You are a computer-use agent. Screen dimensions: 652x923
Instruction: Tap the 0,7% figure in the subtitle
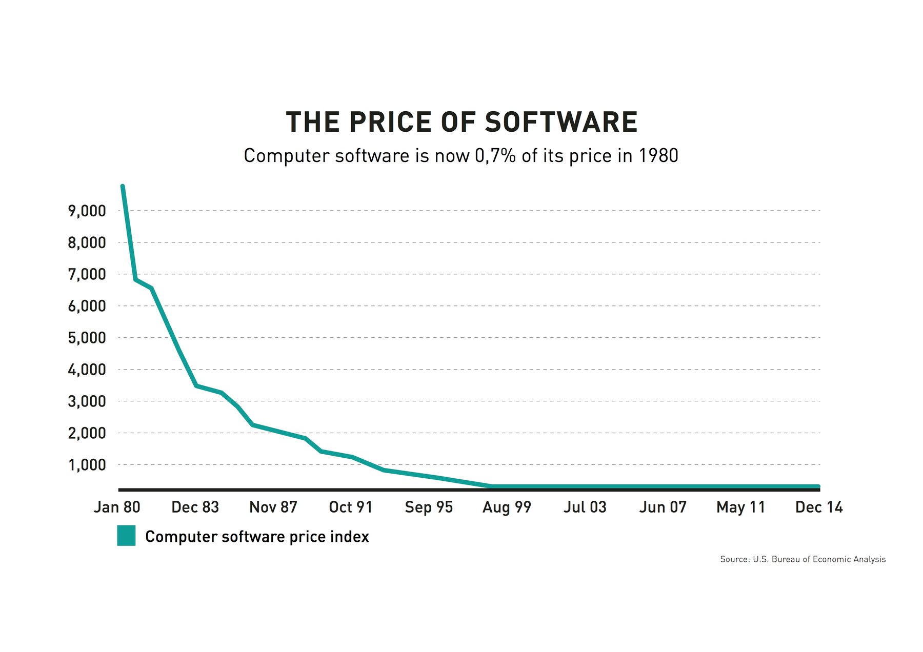tap(495, 156)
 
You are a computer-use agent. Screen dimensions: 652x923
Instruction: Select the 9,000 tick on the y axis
tap(87, 211)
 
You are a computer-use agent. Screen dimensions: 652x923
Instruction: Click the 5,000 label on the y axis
tap(87, 338)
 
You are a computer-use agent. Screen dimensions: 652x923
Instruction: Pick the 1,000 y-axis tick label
tap(87, 465)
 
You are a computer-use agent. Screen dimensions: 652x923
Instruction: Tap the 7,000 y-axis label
tap(87, 274)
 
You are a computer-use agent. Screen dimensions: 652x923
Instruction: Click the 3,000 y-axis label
tap(87, 401)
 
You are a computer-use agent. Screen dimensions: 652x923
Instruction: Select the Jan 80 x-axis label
tap(117, 507)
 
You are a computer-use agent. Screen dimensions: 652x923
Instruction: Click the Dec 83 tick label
tap(195, 507)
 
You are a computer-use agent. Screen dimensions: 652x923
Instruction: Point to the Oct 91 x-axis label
tap(350, 507)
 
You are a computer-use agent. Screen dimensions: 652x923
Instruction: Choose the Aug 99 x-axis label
tap(507, 507)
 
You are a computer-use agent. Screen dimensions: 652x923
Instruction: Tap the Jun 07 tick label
tap(663, 507)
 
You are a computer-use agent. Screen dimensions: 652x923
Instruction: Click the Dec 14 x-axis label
tap(818, 507)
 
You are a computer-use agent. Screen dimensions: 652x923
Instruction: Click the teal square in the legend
tap(126, 536)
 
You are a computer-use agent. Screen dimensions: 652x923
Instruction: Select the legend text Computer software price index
tap(257, 537)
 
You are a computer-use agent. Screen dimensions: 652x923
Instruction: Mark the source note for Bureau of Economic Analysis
tap(802, 559)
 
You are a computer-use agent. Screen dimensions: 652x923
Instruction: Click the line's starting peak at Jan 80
tap(123, 187)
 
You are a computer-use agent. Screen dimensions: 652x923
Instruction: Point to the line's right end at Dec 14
tap(818, 486)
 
